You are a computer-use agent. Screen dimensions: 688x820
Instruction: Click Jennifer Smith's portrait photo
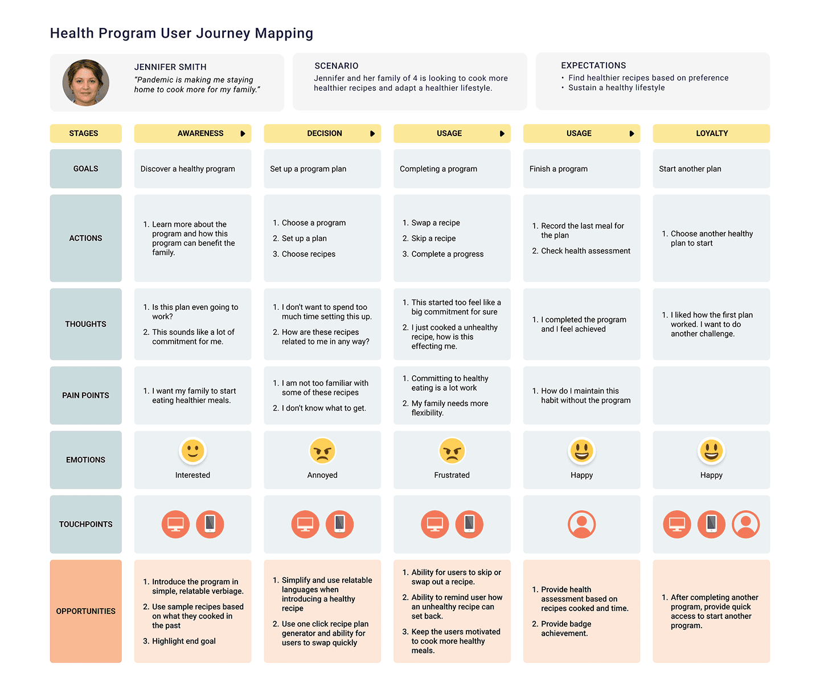click(x=86, y=83)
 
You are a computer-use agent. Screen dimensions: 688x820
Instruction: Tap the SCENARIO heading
click(x=336, y=66)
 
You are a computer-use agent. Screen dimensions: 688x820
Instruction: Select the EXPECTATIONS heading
click(x=593, y=65)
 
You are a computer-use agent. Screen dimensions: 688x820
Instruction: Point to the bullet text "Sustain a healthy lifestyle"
click(x=616, y=88)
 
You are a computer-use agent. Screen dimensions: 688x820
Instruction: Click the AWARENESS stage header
click(x=200, y=133)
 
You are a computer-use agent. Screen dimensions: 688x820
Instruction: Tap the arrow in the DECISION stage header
click(x=372, y=134)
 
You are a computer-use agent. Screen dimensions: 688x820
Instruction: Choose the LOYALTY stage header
click(x=711, y=133)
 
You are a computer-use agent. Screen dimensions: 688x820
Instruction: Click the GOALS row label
click(x=85, y=169)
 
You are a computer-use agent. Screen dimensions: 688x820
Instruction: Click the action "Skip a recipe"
click(x=433, y=239)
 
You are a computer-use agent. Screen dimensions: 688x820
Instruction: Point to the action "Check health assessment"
click(x=585, y=251)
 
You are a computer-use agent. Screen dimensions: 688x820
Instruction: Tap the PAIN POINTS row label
click(x=85, y=395)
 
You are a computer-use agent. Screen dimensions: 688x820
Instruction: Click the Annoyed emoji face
click(x=322, y=451)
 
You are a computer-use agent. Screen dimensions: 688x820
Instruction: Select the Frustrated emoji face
click(x=452, y=451)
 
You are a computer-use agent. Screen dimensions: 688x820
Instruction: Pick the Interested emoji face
click(x=192, y=451)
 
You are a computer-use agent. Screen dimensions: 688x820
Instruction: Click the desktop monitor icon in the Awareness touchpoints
click(x=175, y=524)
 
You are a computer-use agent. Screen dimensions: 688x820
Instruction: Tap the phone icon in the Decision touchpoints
click(x=339, y=524)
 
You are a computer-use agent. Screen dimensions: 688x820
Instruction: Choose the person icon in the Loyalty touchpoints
click(x=745, y=524)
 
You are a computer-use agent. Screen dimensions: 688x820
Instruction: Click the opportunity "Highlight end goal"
click(x=183, y=641)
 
